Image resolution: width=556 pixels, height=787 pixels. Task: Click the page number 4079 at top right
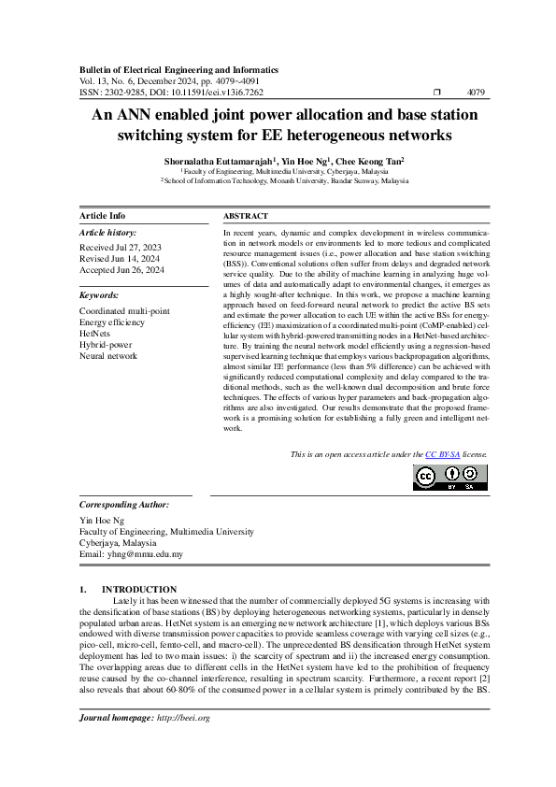click(x=475, y=93)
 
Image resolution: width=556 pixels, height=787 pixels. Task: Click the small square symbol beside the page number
click(x=436, y=93)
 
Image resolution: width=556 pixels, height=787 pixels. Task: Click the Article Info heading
click(x=102, y=215)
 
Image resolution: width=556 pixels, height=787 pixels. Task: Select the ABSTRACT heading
click(x=246, y=215)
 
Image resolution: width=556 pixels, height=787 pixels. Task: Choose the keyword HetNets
click(x=94, y=333)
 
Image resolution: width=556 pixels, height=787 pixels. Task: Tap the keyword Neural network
click(x=108, y=356)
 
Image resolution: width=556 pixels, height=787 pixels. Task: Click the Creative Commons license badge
click(x=450, y=476)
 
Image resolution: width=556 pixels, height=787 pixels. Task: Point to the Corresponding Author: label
click(x=124, y=504)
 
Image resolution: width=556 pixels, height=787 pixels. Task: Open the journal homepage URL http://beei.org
click(x=183, y=718)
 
